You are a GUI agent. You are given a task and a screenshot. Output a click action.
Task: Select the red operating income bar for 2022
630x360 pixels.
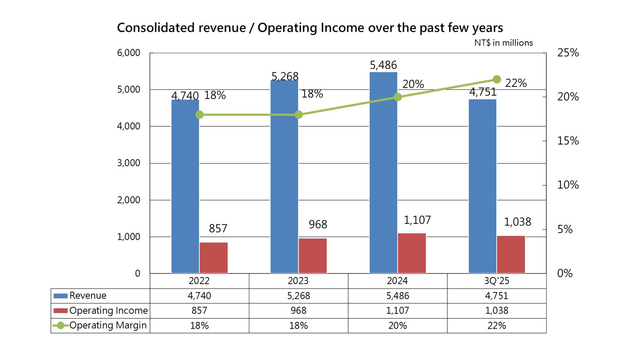214,258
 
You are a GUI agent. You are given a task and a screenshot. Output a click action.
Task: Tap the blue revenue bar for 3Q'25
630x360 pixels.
482,187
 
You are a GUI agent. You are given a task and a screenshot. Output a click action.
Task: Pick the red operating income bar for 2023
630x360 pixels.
313,256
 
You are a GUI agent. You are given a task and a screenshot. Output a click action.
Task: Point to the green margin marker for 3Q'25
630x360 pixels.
497,79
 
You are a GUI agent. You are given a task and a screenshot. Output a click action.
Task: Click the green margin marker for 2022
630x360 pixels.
200,115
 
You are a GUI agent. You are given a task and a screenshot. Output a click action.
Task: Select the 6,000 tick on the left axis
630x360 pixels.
129,53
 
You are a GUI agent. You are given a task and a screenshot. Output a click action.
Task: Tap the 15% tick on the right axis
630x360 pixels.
568,141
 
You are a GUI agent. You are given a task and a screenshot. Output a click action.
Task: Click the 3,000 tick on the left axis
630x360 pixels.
129,163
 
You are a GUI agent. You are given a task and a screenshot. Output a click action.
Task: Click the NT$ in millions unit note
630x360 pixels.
503,43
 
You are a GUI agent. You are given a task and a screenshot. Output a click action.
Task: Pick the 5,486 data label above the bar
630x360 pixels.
383,65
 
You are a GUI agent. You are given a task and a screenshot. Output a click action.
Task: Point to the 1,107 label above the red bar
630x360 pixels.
417,220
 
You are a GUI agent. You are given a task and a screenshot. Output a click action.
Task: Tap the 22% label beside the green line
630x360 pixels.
516,83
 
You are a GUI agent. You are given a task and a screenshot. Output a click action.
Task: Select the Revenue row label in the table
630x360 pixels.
88,296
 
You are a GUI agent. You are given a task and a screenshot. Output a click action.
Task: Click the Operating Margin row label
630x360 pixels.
108,325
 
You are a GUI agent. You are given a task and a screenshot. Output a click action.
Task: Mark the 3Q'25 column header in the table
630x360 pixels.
497,281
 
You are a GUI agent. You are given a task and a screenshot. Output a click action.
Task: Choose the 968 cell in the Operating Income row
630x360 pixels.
299,310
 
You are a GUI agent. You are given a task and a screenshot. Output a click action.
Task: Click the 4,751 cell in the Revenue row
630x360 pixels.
497,296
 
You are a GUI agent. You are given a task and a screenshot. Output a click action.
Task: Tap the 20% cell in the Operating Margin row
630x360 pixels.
397,325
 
